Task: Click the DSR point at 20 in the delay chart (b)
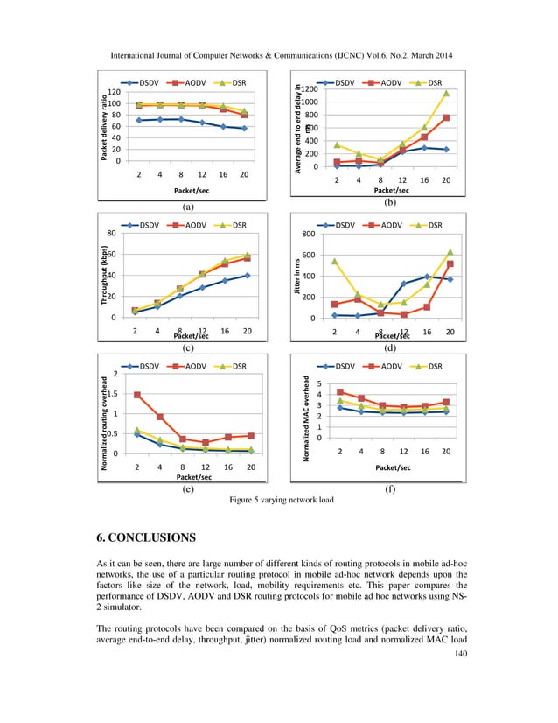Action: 445,93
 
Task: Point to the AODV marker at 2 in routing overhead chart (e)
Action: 137,395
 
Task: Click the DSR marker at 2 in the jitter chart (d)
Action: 334,261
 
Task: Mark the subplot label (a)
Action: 186,207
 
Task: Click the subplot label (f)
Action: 391,489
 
